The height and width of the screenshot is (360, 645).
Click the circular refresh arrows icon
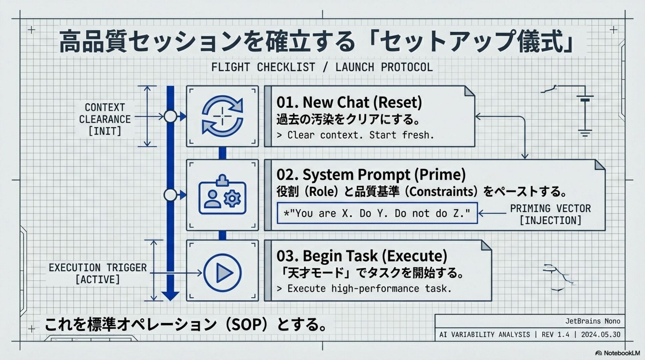[x=222, y=116]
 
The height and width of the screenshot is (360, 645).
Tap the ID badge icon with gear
[x=222, y=195]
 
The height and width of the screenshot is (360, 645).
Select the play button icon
[x=222, y=272]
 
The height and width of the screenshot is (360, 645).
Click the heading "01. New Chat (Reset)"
[x=349, y=102]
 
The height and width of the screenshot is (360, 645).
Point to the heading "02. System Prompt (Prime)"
[x=371, y=175]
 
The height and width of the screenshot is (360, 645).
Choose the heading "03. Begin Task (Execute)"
[x=362, y=256]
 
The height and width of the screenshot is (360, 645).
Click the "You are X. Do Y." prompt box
[x=377, y=213]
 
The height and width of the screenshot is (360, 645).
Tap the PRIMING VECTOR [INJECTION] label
[x=550, y=214]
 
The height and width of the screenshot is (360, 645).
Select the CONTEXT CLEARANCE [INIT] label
[x=105, y=119]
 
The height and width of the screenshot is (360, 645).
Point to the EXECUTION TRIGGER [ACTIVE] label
[x=98, y=273]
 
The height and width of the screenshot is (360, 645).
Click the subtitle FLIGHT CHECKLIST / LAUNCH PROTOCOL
[x=322, y=67]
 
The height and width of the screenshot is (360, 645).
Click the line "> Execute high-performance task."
[x=364, y=288]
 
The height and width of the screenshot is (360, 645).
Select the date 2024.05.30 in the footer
[x=601, y=334]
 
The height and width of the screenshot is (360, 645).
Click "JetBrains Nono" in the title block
[x=593, y=321]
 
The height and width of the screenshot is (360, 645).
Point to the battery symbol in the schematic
[x=585, y=99]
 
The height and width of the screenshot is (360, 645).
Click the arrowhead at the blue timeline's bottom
[x=170, y=296]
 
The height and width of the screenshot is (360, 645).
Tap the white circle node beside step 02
[x=170, y=195]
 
